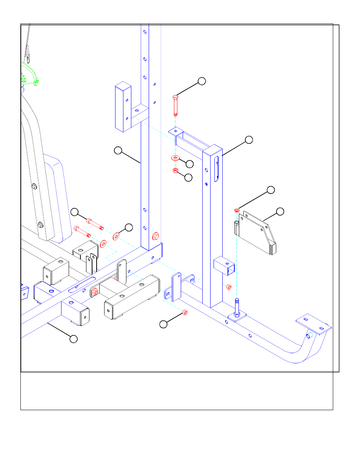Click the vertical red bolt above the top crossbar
(x=175, y=105)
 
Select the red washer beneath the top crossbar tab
(x=175, y=158)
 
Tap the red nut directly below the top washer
(x=175, y=171)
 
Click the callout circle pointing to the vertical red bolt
(x=202, y=81)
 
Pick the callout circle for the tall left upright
(x=118, y=151)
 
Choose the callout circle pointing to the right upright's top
(x=249, y=140)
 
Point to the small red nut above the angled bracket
(x=237, y=210)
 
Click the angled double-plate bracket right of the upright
(x=257, y=233)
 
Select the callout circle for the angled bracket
(x=280, y=211)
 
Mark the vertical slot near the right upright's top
(x=217, y=169)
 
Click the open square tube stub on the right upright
(x=225, y=266)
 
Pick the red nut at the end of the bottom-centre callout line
(x=185, y=312)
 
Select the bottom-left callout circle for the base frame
(x=74, y=339)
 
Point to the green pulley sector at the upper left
(x=28, y=75)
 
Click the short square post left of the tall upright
(x=123, y=108)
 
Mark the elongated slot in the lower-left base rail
(x=82, y=285)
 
